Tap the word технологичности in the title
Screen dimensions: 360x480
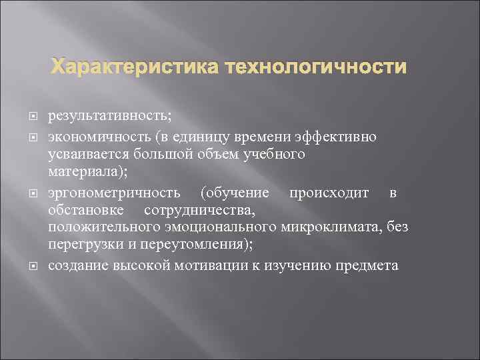pos(315,67)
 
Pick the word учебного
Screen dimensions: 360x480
pos(272,155)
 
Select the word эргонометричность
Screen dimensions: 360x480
pos(114,193)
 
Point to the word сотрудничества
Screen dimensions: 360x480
pos(199,211)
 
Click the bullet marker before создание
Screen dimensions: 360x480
pos(32,265)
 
